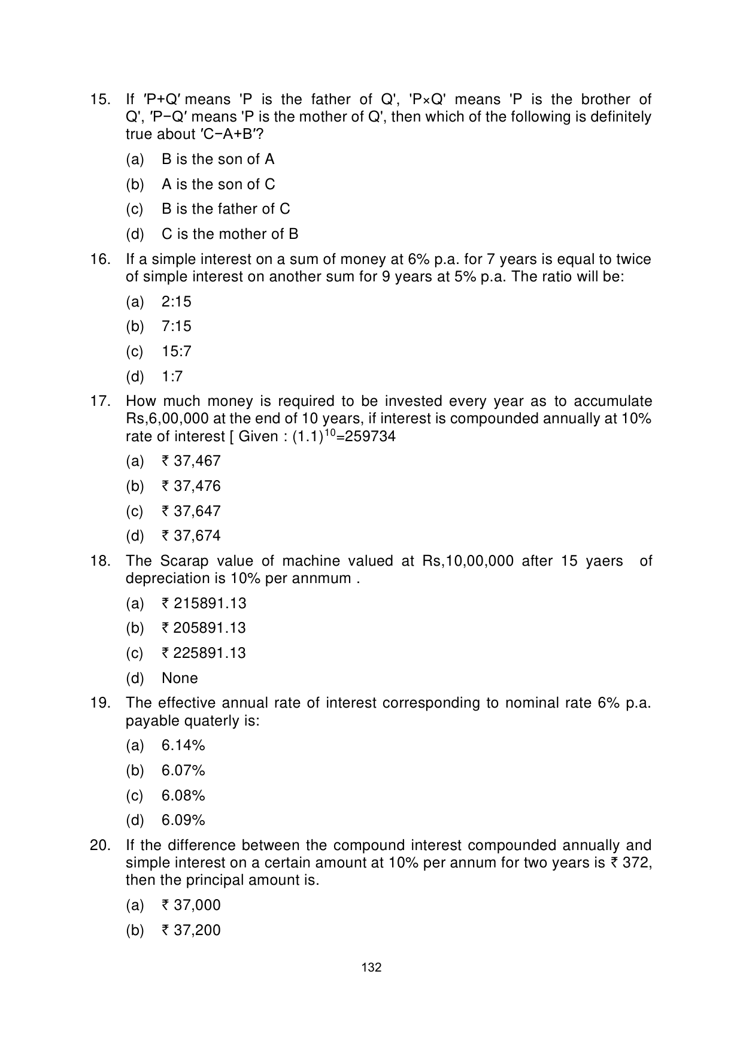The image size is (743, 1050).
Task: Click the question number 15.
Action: pos(99,99)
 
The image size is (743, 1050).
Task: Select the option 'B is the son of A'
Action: pos(217,159)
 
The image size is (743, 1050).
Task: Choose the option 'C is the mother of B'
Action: pos(229,234)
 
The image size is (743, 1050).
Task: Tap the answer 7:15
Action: pos(176,326)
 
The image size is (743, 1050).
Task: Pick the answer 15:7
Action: pos(176,351)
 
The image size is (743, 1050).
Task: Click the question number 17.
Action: pos(99,401)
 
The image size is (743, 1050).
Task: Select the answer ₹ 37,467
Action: pos(191,461)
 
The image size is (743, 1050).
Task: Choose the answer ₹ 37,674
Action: pos(191,536)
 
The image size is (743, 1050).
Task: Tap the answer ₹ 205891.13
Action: pos(204,628)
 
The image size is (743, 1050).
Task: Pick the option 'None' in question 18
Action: pos(180,678)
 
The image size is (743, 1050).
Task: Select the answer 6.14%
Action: pos(183,745)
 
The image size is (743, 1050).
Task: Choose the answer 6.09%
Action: pos(183,820)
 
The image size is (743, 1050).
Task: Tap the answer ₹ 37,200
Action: pos(191,930)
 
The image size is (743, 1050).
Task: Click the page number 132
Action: pos(371,967)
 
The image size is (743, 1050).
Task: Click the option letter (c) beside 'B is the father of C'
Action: pos(135,209)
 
